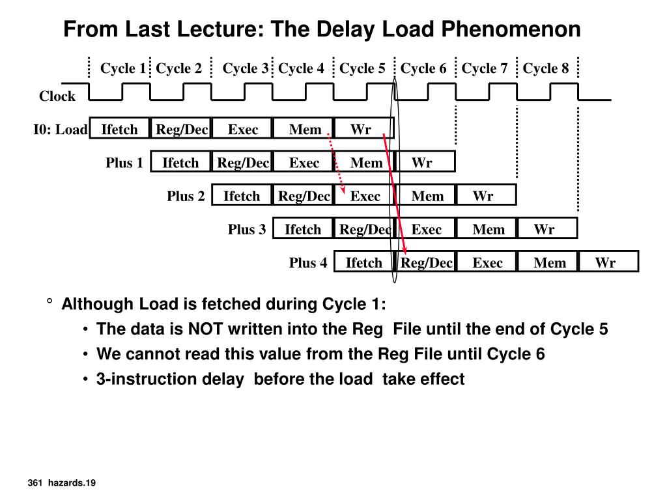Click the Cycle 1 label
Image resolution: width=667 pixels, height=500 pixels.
(122, 68)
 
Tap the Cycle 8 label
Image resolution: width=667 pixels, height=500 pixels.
(546, 68)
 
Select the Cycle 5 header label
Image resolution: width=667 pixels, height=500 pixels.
(362, 68)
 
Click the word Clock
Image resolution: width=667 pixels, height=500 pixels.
(57, 96)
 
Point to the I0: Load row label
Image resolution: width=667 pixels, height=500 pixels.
(60, 130)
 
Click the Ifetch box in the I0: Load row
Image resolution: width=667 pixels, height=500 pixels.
(120, 130)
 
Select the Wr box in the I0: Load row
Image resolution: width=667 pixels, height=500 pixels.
(361, 130)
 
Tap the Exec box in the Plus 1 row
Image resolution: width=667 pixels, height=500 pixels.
(304, 163)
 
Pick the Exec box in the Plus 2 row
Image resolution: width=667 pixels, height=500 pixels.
(365, 196)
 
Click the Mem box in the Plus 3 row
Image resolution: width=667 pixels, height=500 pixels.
(489, 229)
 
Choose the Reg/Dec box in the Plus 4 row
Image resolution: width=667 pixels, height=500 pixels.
(427, 262)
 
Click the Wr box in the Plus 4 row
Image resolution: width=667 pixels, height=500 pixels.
(605, 262)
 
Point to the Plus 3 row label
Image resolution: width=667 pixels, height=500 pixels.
(247, 229)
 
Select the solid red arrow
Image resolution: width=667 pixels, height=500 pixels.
(395, 195)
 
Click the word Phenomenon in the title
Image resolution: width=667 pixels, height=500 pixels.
(511, 29)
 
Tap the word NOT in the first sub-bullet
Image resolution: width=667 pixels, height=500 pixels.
(205, 329)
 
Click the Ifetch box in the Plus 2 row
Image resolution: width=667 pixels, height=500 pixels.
(242, 196)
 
